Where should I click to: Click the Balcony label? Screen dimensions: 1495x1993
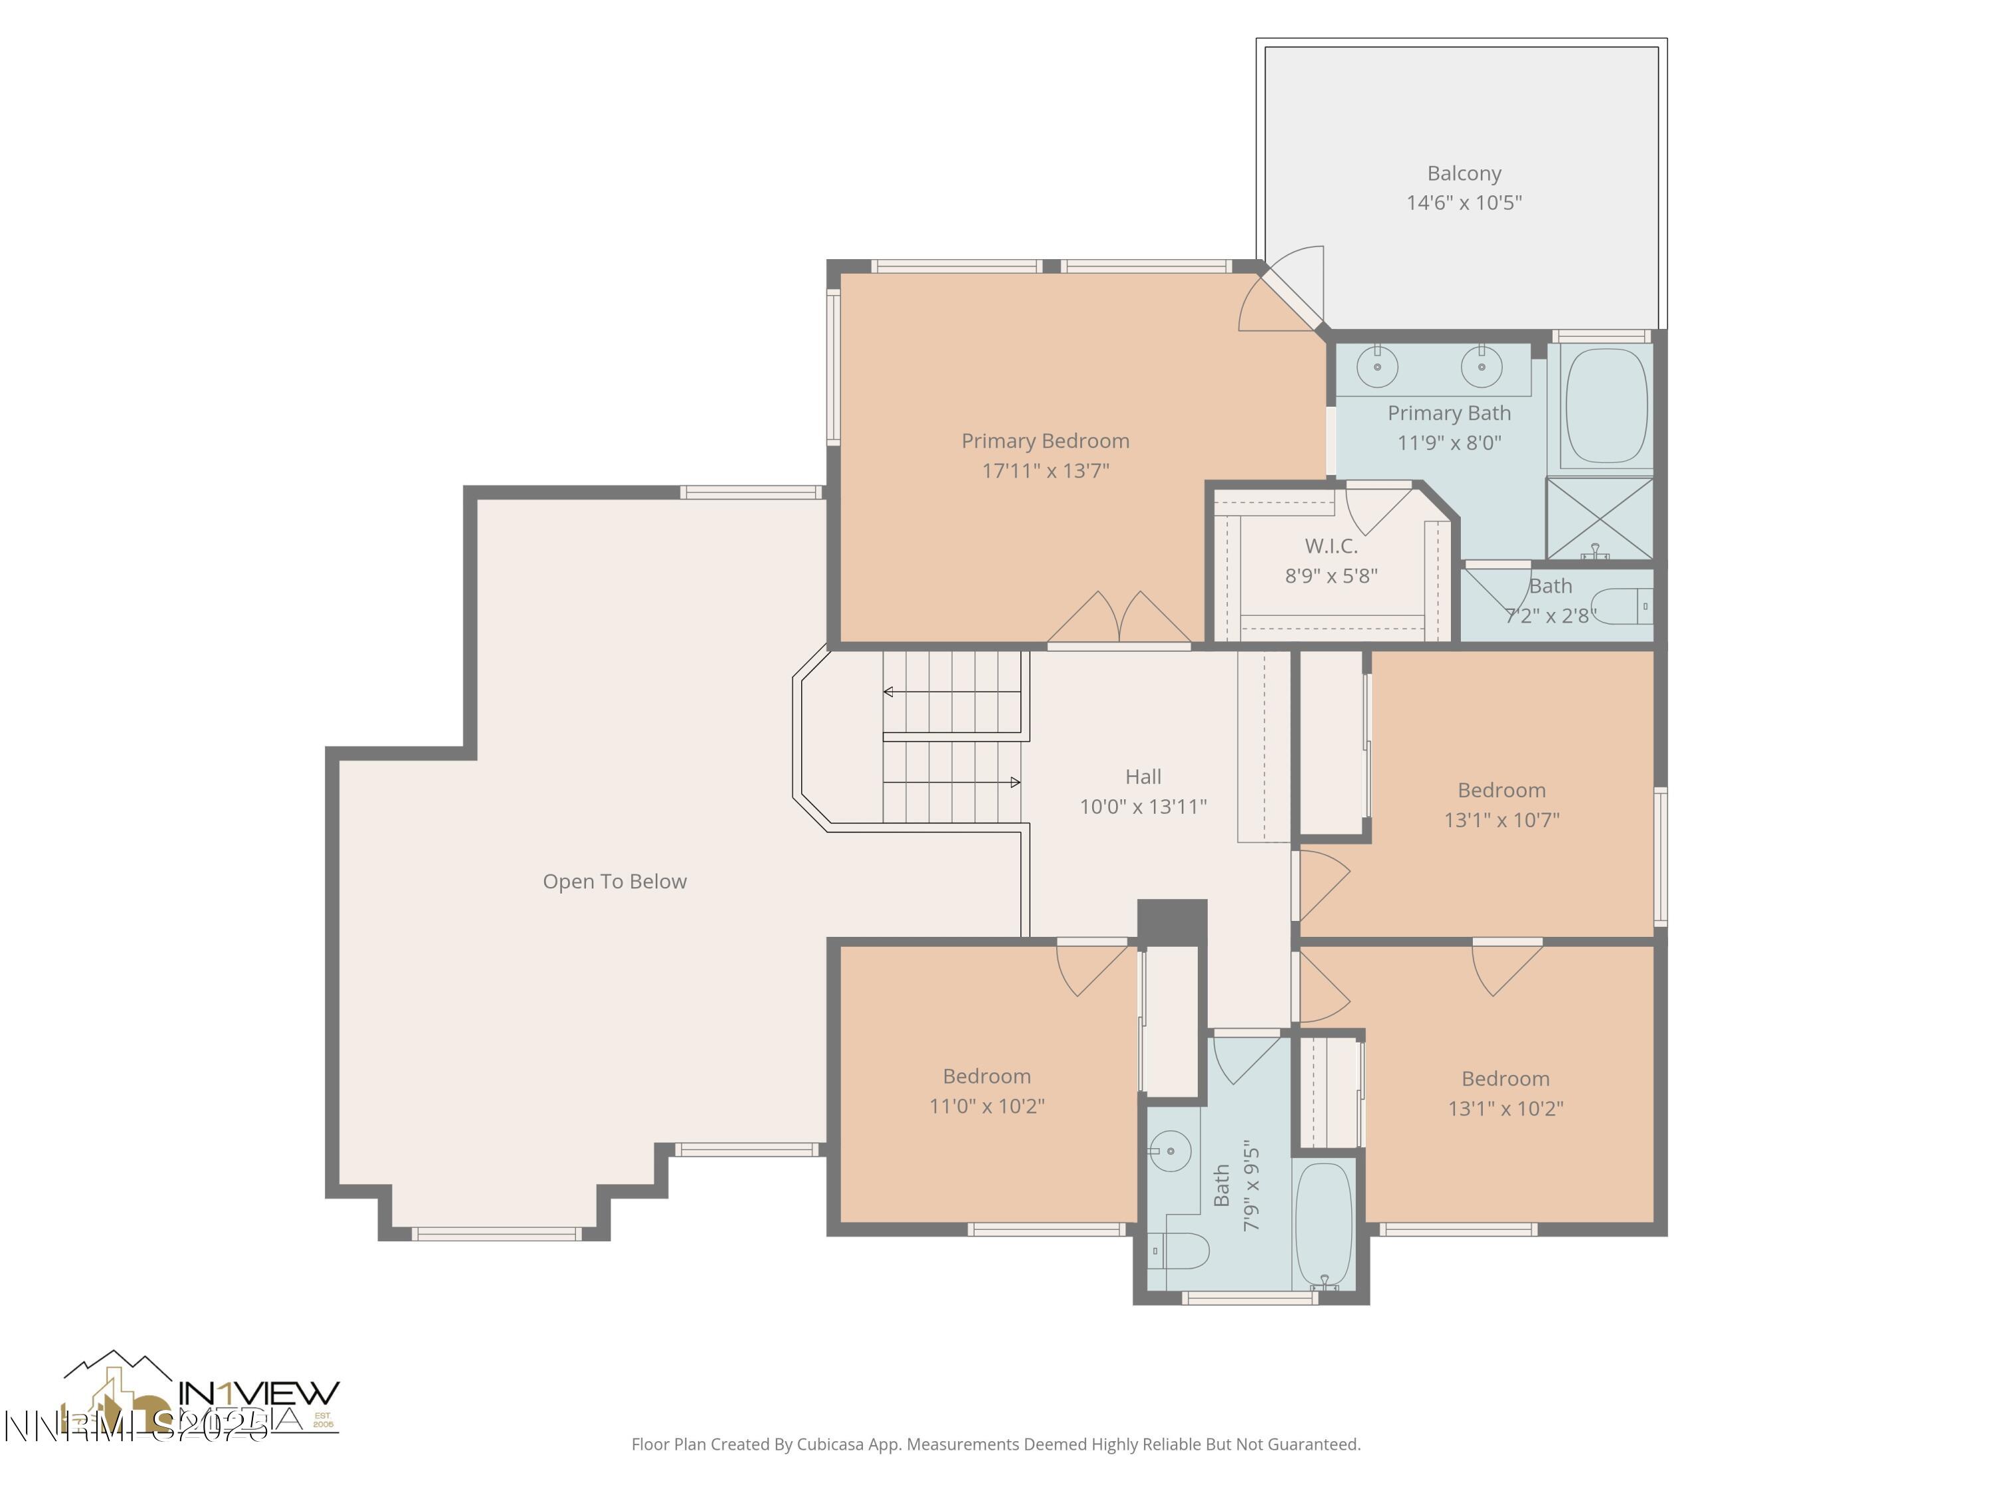[x=1464, y=173]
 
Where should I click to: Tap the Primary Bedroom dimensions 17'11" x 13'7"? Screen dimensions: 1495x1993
[x=1045, y=470]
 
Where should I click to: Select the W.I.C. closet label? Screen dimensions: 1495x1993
[x=1331, y=546]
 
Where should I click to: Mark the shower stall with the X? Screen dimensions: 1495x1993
[x=1599, y=518]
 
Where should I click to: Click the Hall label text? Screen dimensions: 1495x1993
[x=1143, y=777]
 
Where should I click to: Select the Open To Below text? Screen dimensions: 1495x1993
[x=615, y=881]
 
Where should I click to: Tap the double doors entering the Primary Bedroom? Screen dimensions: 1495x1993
[x=1119, y=620]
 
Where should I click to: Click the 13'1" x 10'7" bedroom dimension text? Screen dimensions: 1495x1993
[x=1501, y=820]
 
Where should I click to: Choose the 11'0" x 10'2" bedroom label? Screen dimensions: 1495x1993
[x=987, y=1076]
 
